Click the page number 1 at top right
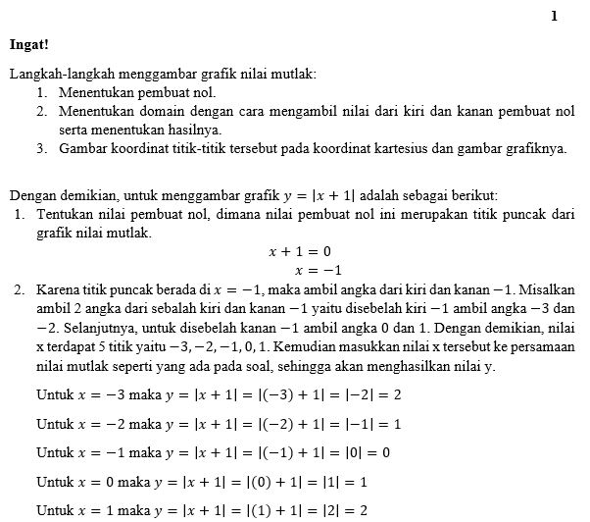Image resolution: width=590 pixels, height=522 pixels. tap(554, 16)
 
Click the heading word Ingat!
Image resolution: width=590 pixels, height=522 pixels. tap(28, 43)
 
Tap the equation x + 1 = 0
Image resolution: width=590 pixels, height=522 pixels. tap(300, 252)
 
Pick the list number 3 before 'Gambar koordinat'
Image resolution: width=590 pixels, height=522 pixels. tap(42, 149)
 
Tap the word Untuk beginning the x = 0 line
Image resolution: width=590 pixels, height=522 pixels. tap(55, 483)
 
